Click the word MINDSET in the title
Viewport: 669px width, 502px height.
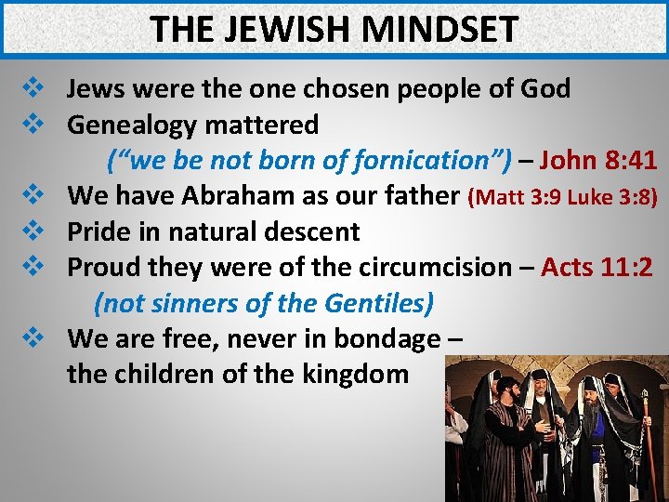point(440,29)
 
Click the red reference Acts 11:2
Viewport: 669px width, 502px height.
point(597,268)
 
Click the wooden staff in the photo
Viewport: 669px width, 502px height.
point(647,437)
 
